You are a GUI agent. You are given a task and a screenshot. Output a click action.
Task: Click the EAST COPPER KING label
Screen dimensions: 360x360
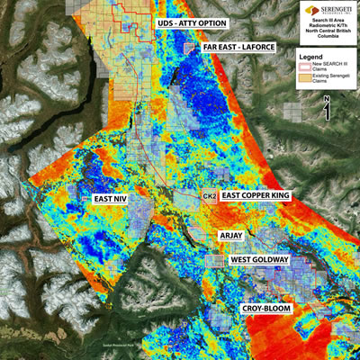(x=263, y=195)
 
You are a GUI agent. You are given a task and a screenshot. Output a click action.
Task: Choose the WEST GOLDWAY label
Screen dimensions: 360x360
(x=259, y=259)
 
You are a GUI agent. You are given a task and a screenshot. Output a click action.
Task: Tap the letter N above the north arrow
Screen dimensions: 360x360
(x=327, y=101)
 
